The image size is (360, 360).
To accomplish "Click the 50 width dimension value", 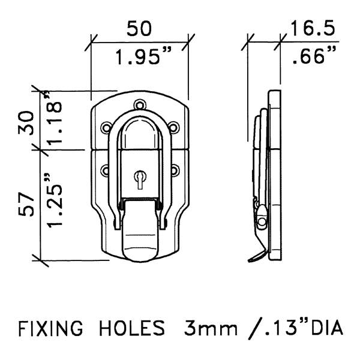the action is click(x=139, y=28).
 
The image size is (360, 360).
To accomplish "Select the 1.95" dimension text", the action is click(x=143, y=56).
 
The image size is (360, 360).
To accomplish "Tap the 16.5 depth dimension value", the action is click(x=313, y=28).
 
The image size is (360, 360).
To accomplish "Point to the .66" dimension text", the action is click(x=314, y=55).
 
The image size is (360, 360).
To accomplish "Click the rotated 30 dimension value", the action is click(x=26, y=123).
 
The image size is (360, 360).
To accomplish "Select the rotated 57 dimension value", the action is click(x=26, y=204).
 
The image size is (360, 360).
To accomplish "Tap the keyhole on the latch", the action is click(x=140, y=179).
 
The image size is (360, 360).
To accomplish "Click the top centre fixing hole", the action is click(x=140, y=106).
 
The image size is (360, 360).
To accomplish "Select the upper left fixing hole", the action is click(x=106, y=127).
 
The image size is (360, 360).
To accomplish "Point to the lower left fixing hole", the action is click(x=105, y=170).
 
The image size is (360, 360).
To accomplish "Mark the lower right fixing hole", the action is click(x=175, y=170).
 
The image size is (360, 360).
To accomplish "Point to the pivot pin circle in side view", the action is click(x=262, y=221).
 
